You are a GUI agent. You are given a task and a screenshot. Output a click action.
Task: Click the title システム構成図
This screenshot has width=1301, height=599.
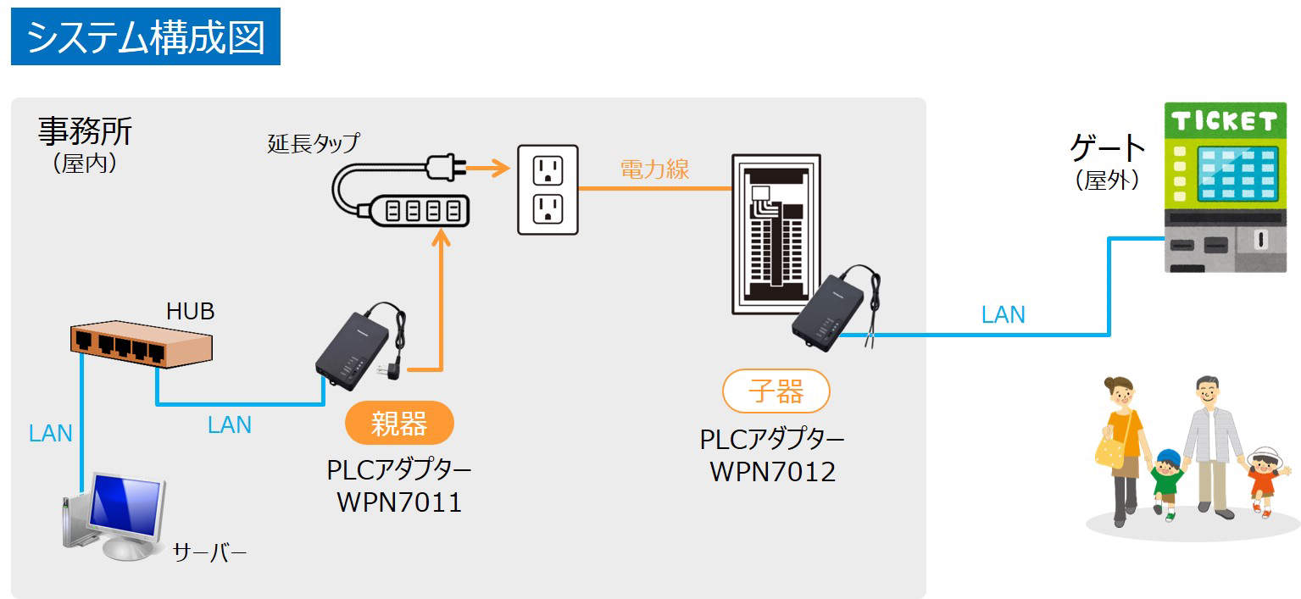145,37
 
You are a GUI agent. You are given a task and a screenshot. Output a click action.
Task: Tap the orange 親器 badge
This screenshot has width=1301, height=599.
399,423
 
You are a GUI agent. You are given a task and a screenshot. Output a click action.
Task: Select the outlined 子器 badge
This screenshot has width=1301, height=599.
776,391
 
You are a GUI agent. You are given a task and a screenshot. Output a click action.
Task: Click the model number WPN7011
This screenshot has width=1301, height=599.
399,502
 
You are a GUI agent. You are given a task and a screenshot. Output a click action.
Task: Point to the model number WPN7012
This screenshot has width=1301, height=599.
772,470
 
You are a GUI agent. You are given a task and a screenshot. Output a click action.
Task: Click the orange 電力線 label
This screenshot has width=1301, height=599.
654,169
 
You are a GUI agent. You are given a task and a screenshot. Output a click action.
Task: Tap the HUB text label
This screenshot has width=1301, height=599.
190,312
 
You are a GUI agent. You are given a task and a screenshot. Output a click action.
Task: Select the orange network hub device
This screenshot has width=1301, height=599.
140,344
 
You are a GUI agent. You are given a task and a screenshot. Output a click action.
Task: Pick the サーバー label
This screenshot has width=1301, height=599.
209,554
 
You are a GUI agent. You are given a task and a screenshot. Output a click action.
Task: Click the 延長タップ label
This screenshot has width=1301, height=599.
313,142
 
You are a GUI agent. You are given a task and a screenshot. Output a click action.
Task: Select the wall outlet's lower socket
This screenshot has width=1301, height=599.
548,208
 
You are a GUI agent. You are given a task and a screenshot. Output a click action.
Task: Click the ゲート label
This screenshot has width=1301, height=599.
1107,150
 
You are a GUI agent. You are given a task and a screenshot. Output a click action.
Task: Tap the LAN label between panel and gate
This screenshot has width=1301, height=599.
1003,315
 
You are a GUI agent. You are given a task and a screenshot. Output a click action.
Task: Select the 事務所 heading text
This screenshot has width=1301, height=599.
85,131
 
